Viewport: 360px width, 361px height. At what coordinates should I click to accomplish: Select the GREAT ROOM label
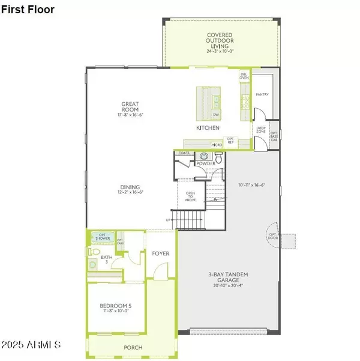[x=130, y=108]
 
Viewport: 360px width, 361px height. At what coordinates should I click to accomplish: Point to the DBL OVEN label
[x=244, y=76]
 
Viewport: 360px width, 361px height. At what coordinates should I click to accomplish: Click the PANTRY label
[x=262, y=94]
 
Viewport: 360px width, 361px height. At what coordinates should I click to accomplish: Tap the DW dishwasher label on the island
[x=215, y=115]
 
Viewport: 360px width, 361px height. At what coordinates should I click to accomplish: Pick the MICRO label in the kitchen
[x=217, y=145]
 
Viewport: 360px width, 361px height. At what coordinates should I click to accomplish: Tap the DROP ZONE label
[x=260, y=129]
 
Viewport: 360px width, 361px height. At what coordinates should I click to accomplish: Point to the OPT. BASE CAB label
[x=274, y=136]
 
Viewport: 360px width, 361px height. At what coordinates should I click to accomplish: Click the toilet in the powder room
[x=218, y=160]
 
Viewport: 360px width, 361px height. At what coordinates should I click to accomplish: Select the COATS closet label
[x=184, y=153]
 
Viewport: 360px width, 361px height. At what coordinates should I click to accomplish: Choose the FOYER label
[x=160, y=253]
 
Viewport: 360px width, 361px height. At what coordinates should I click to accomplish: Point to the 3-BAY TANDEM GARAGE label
[x=229, y=278]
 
